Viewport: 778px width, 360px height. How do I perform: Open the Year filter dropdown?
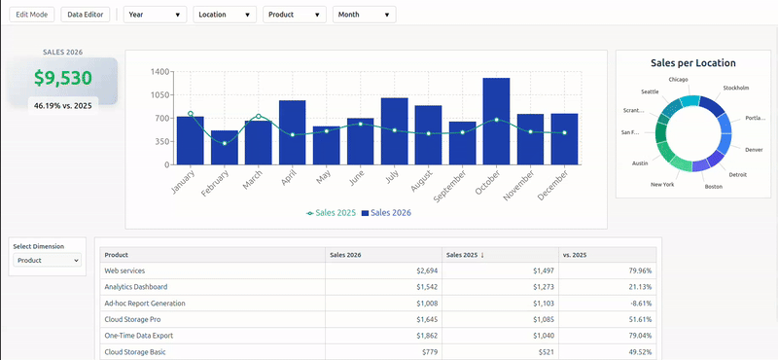pos(155,15)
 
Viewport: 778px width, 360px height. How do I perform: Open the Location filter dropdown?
pos(226,15)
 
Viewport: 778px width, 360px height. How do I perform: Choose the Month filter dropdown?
pos(364,15)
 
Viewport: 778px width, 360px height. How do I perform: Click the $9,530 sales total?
pos(63,79)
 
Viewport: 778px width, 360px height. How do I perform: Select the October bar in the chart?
pos(496,121)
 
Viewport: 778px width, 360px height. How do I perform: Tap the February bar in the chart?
pos(224,147)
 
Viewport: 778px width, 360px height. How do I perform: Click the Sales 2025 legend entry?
pos(332,212)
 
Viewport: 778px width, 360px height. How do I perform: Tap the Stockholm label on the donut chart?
pos(736,88)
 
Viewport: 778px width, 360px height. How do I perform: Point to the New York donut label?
pos(661,184)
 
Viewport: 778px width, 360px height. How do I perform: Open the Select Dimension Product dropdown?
pos(47,261)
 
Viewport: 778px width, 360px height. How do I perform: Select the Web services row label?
pos(124,270)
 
